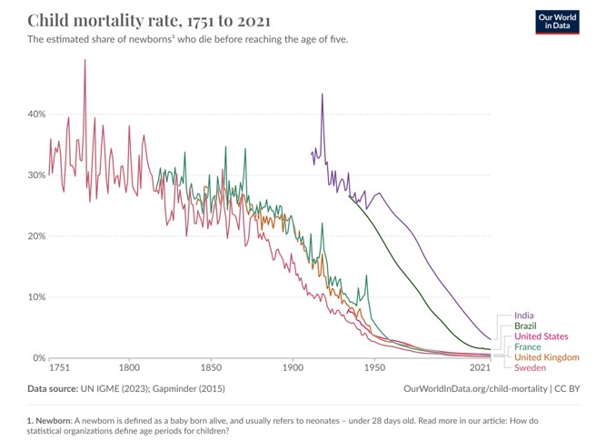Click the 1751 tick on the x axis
[x=60, y=369]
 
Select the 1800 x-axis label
[x=129, y=369]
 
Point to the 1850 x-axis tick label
[x=211, y=369]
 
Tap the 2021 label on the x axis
[x=481, y=369]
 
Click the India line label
[x=525, y=315]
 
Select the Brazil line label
[x=526, y=326]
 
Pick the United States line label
[x=541, y=336]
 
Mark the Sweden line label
[x=531, y=368]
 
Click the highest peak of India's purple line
[x=322, y=94]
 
